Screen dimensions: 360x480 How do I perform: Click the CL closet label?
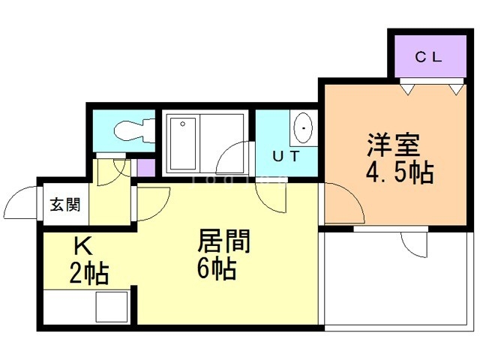pyautogui.click(x=430, y=56)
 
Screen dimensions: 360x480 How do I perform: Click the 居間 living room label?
pyautogui.click(x=223, y=241)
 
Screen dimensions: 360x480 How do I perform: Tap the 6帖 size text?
pyautogui.click(x=217, y=268)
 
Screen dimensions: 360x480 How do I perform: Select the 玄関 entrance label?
pyautogui.click(x=66, y=205)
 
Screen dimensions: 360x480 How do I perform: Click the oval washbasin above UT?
pyautogui.click(x=303, y=128)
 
